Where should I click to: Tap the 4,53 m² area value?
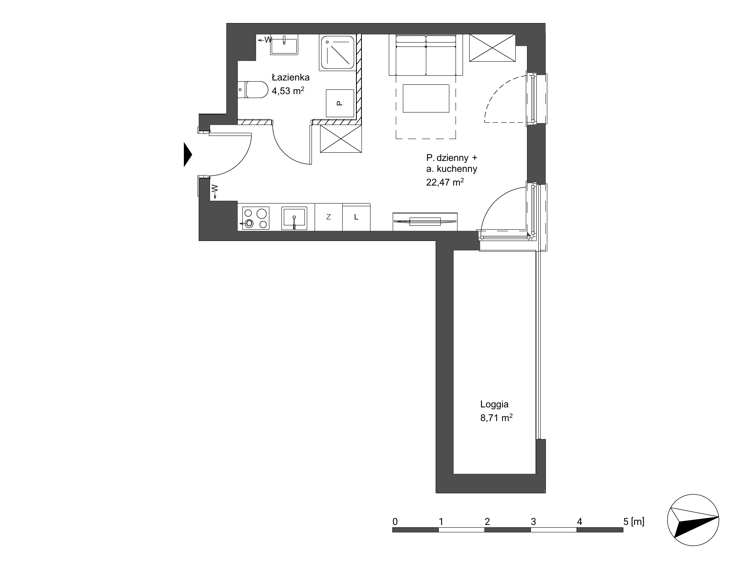[x=288, y=91]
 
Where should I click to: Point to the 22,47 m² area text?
[x=445, y=182]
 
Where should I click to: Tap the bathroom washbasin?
[x=284, y=45]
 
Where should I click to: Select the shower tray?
[x=338, y=52]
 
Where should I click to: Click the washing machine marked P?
[x=340, y=103]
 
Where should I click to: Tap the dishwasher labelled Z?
[x=329, y=217]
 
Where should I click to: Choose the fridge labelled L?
[x=356, y=217]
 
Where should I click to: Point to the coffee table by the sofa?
[x=426, y=98]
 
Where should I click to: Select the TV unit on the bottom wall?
[x=425, y=221]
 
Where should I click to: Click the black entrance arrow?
[x=188, y=155]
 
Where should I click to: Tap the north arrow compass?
[x=693, y=521]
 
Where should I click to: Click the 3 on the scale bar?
[x=533, y=521]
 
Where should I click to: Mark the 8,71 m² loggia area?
[x=496, y=418]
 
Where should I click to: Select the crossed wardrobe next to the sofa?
[x=492, y=48]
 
